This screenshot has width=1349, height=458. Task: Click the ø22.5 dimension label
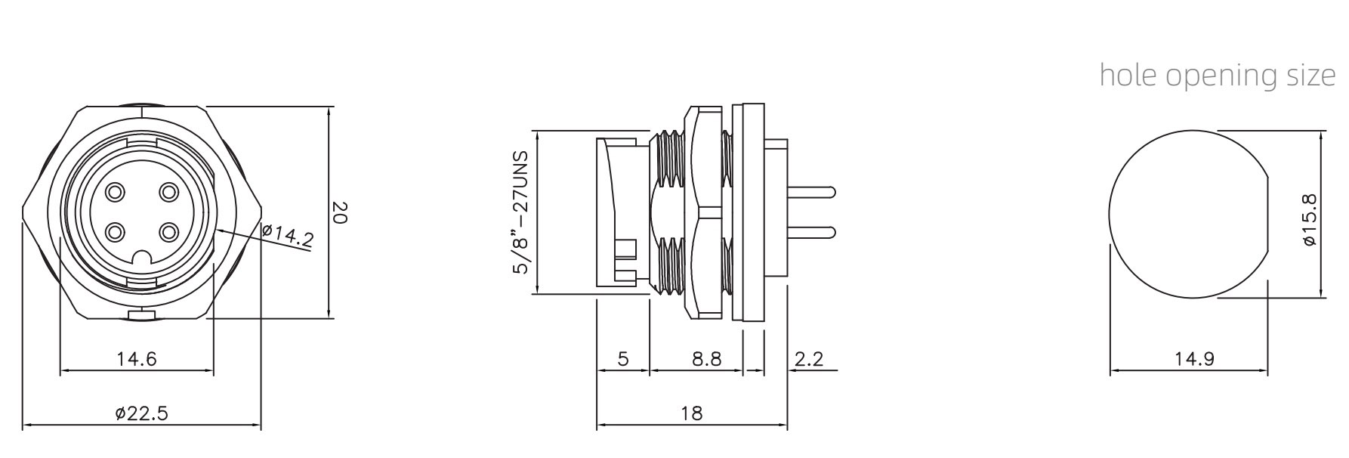[x=141, y=413]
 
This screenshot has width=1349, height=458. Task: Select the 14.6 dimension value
[x=137, y=358]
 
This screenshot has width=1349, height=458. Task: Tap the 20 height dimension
[x=339, y=212]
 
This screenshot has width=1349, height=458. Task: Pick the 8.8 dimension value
[x=707, y=358]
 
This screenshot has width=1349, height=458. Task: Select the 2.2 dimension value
[x=809, y=358]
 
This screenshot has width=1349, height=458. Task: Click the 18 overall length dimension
[x=691, y=413]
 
